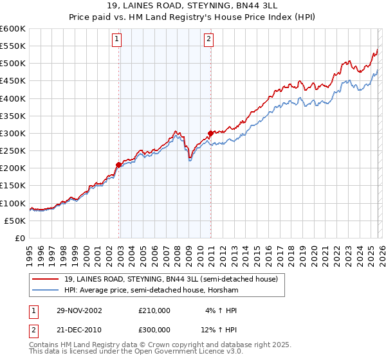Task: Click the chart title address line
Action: coord(192,7)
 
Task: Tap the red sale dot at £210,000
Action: coord(119,165)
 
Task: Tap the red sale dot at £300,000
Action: coord(210,134)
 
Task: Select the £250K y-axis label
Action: coord(13,150)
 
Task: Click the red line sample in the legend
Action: coord(46,279)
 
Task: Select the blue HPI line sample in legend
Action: coord(46,291)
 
